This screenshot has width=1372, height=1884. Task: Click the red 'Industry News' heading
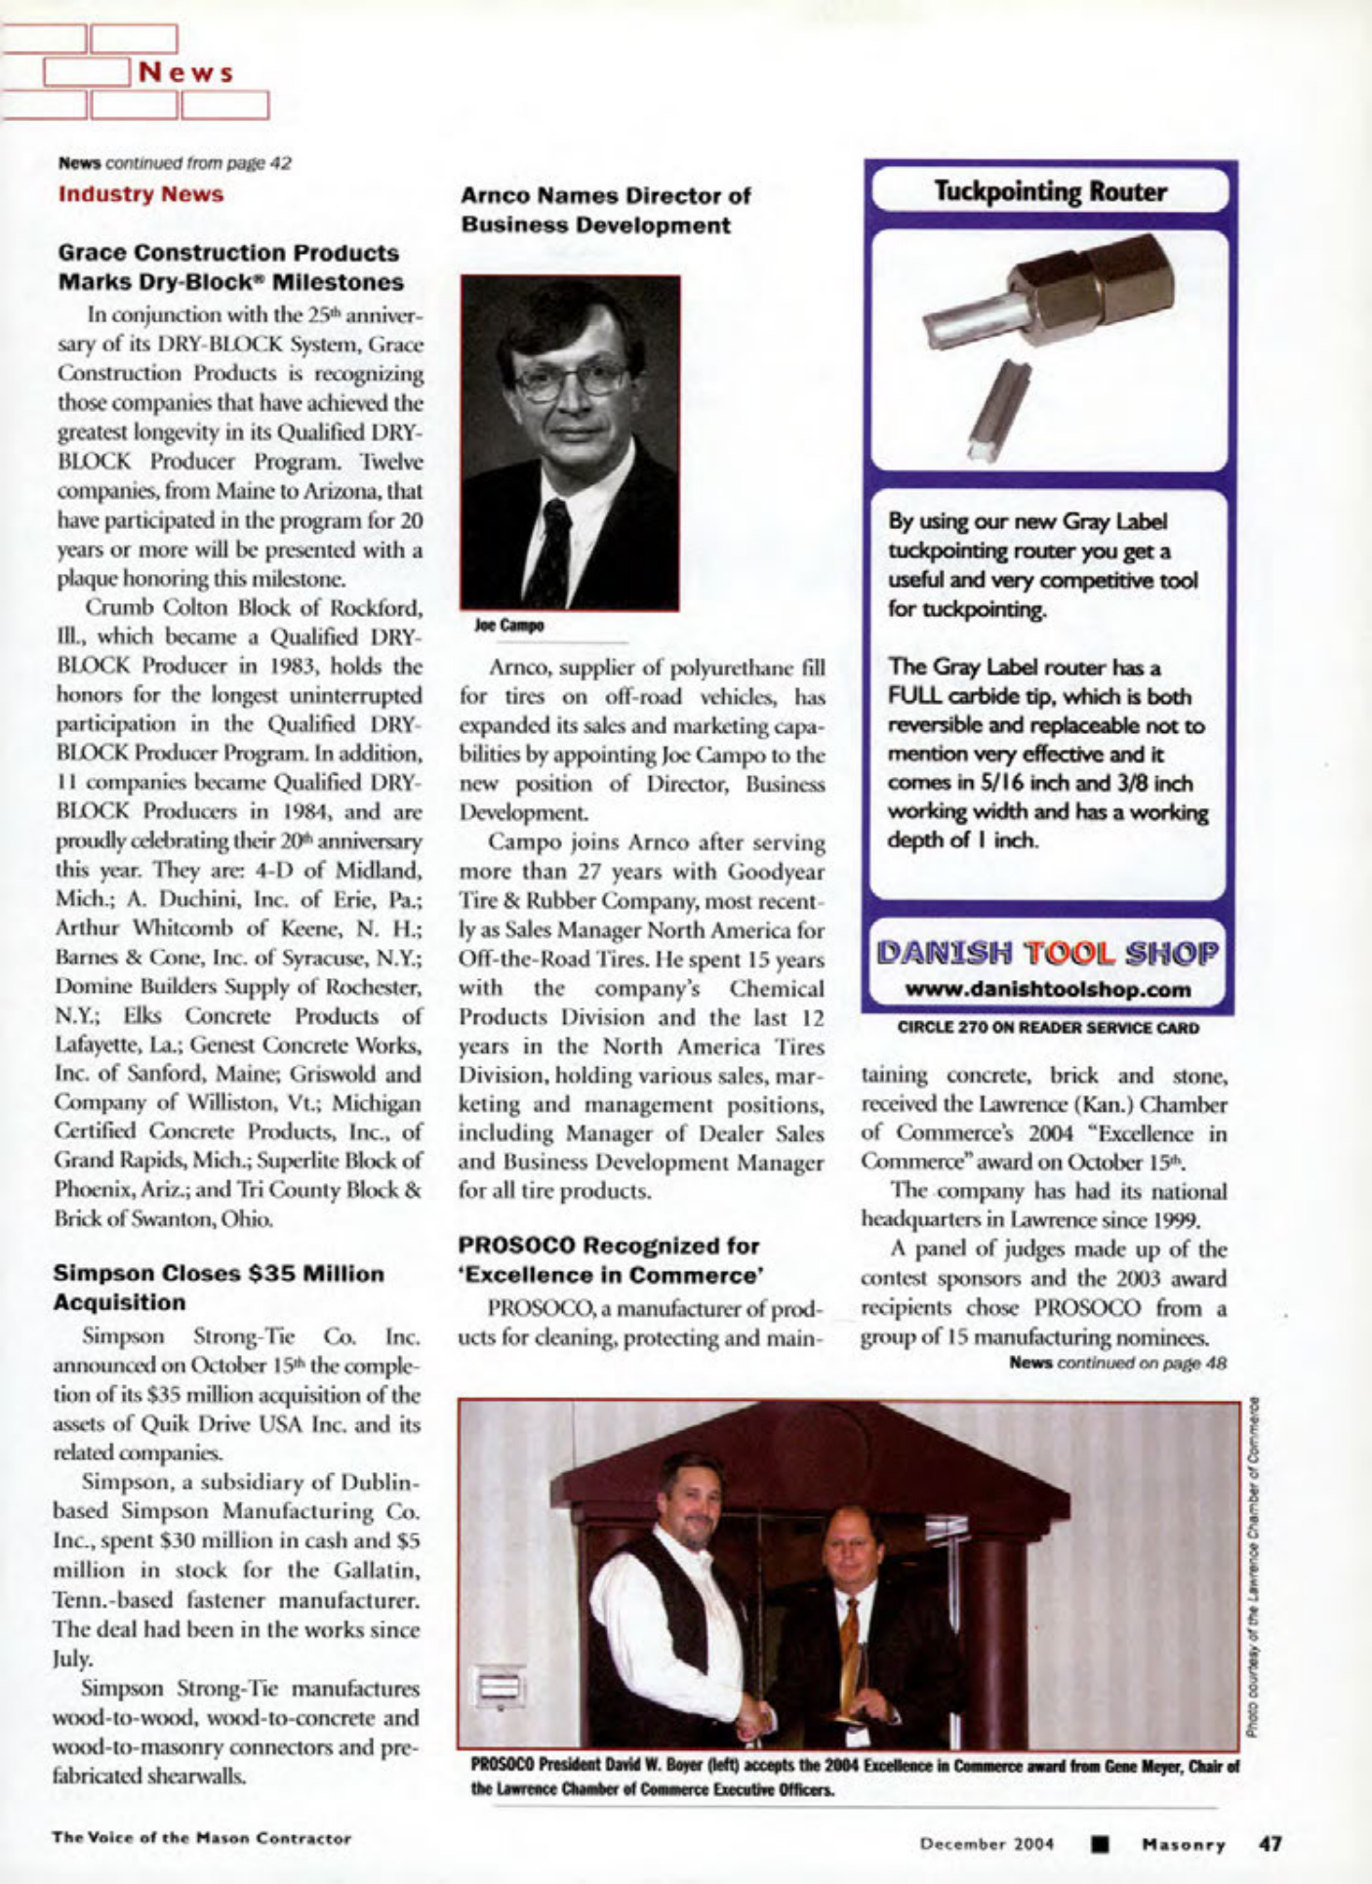click(x=141, y=194)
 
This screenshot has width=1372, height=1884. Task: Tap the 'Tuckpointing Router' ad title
click(x=1050, y=191)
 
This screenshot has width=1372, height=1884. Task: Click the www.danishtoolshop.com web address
click(x=1048, y=990)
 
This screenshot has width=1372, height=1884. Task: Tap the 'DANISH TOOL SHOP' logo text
click(x=1048, y=952)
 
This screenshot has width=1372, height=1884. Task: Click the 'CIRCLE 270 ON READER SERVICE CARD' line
click(x=1048, y=1027)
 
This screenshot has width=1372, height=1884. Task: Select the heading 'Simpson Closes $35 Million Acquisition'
click(x=219, y=1288)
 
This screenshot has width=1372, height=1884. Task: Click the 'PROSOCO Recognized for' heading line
click(x=608, y=1246)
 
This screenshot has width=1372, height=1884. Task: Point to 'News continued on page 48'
click(x=1117, y=1362)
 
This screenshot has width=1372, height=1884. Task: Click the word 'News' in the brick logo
click(x=186, y=73)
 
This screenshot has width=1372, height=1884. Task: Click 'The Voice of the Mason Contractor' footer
click(x=201, y=1838)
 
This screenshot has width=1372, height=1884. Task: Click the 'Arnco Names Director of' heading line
click(x=605, y=195)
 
